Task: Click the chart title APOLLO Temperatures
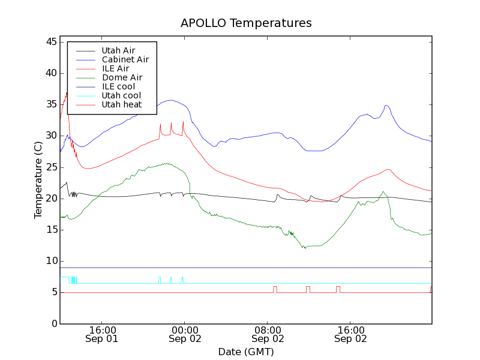(x=246, y=23)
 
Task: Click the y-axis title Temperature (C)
(x=38, y=180)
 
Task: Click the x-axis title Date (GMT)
(x=246, y=352)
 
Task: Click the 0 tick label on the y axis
(x=54, y=323)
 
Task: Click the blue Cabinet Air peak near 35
(x=172, y=100)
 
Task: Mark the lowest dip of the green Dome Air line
(x=305, y=248)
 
